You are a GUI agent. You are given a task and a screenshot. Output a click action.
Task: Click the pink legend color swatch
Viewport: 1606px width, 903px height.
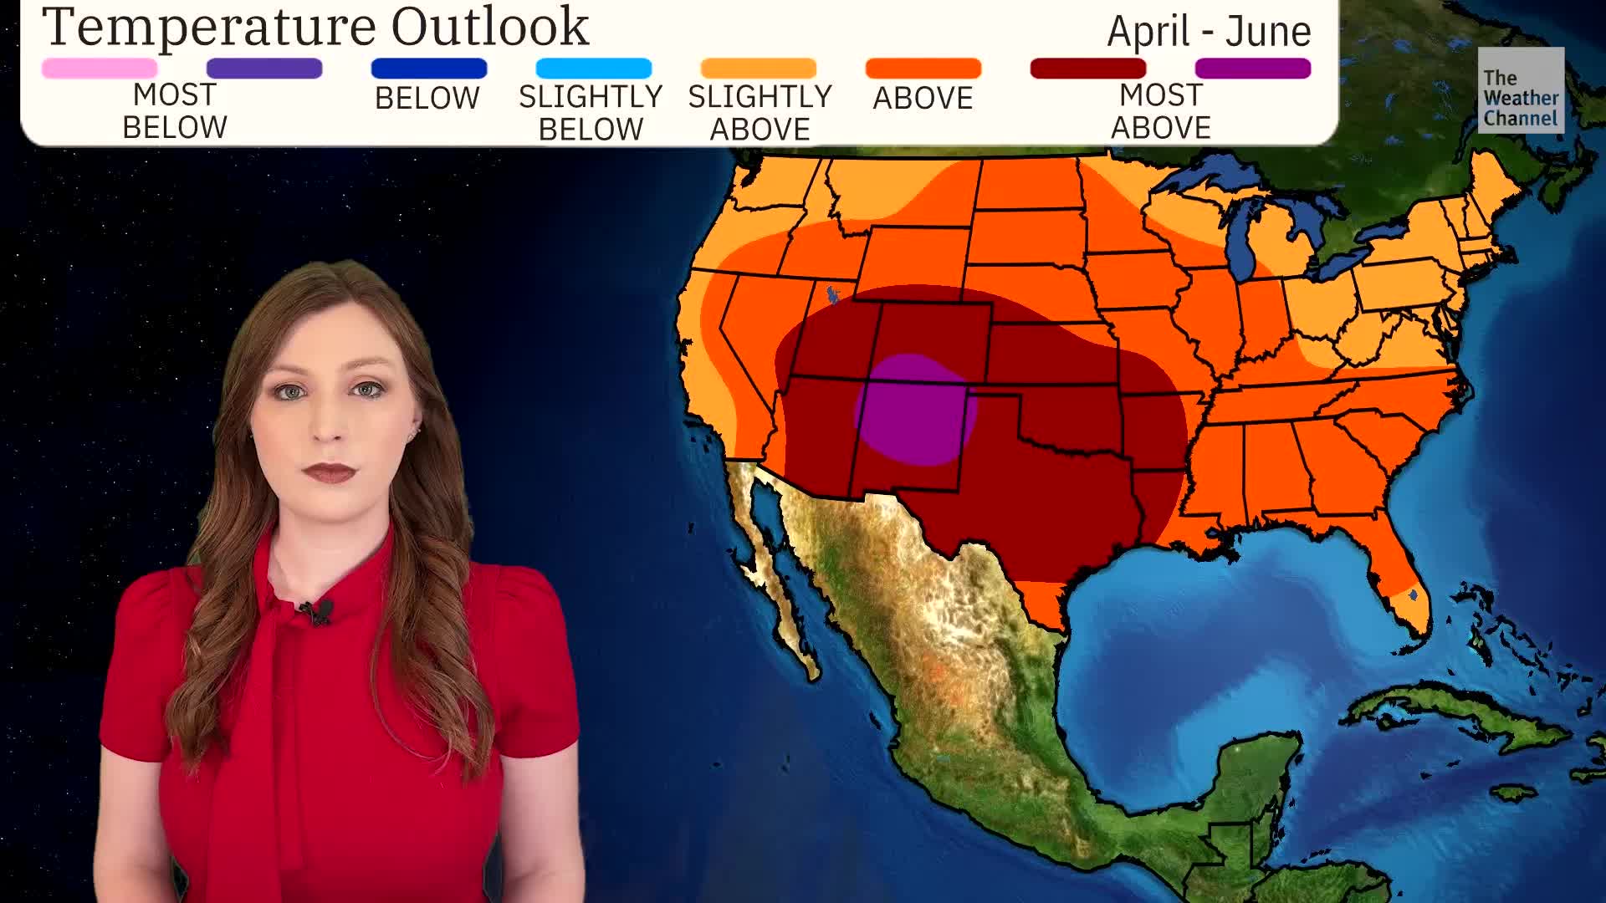100,69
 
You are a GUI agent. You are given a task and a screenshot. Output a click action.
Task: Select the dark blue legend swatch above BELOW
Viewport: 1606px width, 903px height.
428,69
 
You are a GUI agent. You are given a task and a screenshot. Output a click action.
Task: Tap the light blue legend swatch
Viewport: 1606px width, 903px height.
593,69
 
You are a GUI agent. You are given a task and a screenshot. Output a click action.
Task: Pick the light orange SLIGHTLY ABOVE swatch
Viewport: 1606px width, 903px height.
758,69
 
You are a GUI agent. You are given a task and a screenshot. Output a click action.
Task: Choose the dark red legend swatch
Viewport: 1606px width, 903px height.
1087,69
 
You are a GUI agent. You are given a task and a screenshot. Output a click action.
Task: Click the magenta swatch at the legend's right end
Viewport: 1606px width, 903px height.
1252,69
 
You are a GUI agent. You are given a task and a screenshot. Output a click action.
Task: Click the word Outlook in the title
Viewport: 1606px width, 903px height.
490,27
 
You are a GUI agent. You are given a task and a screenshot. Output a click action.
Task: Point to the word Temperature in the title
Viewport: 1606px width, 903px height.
209,27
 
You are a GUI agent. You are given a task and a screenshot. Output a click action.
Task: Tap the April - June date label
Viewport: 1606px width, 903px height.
1209,32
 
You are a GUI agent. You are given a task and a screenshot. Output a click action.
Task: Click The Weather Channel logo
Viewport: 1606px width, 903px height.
1520,90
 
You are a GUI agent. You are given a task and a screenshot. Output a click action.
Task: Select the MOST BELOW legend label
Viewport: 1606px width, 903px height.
175,111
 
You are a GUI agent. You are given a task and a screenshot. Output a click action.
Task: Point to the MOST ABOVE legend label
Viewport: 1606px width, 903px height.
1160,111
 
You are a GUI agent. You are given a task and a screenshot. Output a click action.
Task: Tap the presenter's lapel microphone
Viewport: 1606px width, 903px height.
318,612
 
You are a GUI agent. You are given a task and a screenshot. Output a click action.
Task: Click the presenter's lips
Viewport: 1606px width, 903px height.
330,473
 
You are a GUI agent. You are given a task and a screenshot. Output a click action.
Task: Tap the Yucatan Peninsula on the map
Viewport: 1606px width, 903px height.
1255,769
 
